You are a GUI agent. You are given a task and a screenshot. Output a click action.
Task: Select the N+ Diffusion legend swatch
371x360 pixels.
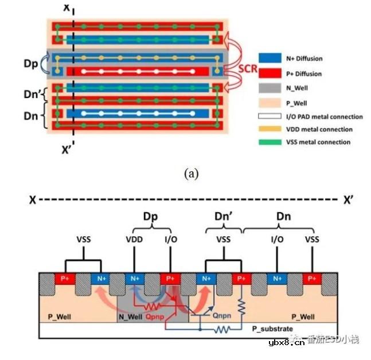click(268, 58)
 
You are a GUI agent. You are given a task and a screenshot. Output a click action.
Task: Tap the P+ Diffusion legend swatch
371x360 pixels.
click(268, 74)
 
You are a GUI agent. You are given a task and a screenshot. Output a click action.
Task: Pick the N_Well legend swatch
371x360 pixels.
click(268, 89)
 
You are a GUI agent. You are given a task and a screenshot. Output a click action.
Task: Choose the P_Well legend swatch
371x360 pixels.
click(268, 103)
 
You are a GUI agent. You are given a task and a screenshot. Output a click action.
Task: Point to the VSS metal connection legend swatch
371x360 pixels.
click(268, 142)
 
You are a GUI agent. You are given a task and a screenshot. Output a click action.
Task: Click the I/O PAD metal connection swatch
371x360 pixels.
click(268, 117)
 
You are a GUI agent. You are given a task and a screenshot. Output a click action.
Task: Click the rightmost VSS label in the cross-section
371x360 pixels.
click(312, 238)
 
